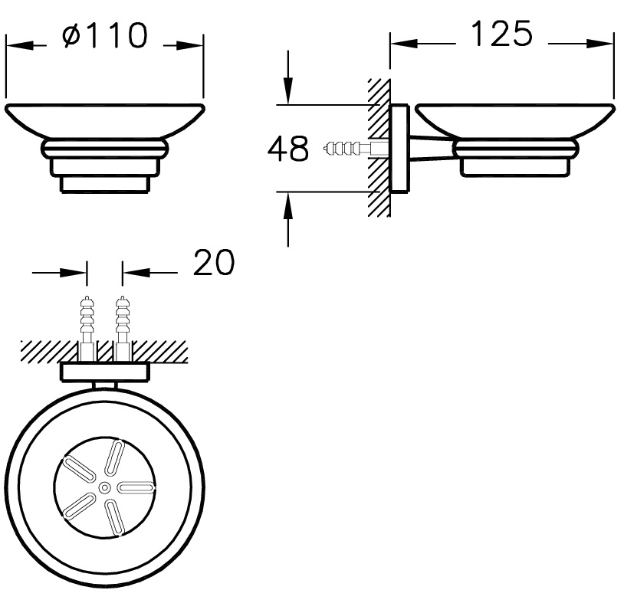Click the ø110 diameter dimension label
pos(105,35)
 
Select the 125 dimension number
pos(501,34)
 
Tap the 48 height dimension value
pos(288,149)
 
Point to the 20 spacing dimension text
pos(214,263)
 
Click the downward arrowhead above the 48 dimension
pos(288,90)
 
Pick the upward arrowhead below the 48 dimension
pos(288,205)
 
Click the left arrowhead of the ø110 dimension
pos(19,45)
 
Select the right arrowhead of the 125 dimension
pos(599,44)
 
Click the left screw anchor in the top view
pos(87,329)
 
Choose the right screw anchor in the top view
pos(122,329)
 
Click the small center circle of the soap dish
pos(105,487)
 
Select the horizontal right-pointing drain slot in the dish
pos(136,487)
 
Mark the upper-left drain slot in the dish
pos(78,470)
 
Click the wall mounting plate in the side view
pos(399,149)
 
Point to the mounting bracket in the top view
pos(105,372)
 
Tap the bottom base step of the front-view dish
pos(105,185)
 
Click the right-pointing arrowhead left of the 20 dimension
pos(73,273)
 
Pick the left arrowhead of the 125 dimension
pos(404,44)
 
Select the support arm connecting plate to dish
pos(431,149)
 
